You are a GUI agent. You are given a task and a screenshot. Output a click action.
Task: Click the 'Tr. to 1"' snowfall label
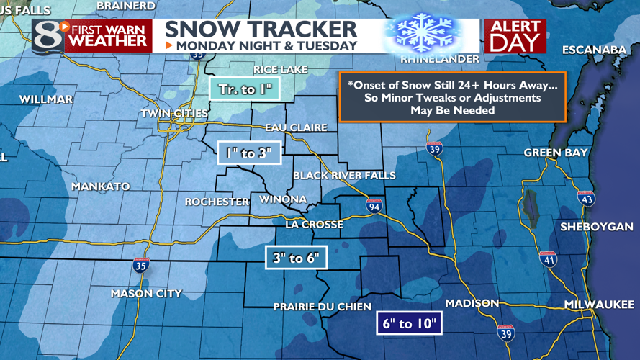[x=244, y=89]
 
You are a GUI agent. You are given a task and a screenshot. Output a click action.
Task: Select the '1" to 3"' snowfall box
[x=248, y=152]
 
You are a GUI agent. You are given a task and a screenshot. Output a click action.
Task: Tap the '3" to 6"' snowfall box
[x=296, y=257]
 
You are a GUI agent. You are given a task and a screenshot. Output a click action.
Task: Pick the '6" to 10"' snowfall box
[x=409, y=323]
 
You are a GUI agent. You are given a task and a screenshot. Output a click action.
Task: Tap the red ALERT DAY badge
[x=515, y=35]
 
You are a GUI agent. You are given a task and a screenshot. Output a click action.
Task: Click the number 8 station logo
[x=48, y=35]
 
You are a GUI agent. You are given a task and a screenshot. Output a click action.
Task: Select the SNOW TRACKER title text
[x=261, y=29]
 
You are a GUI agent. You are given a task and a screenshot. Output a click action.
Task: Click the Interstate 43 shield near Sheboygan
[x=587, y=198]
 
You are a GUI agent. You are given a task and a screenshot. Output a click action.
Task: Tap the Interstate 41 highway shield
[x=549, y=258]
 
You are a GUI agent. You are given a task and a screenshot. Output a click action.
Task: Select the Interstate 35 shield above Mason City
[x=141, y=265]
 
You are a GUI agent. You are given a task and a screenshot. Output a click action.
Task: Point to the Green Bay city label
[x=555, y=153]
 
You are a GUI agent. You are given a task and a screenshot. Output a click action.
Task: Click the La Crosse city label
[x=314, y=225]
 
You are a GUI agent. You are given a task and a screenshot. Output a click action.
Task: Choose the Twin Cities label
[x=174, y=113]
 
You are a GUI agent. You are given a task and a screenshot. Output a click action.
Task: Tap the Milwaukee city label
[x=599, y=305]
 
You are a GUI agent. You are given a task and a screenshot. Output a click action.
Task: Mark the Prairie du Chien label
[x=322, y=307]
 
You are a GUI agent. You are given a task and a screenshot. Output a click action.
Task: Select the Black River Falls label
[x=344, y=176]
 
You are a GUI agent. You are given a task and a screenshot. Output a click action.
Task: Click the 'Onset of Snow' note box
[x=453, y=97]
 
